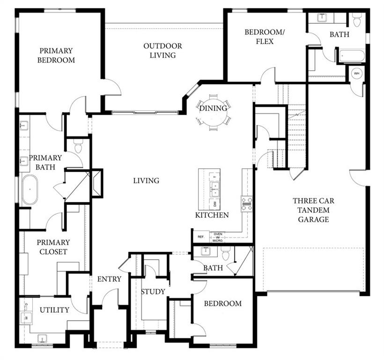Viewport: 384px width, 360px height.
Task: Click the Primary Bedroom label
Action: click(x=56, y=55)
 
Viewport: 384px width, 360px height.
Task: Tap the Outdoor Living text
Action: click(x=162, y=51)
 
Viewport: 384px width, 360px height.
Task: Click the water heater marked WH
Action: click(x=356, y=74)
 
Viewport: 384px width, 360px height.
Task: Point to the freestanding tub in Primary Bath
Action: click(x=30, y=189)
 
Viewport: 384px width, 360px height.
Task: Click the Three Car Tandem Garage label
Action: click(x=315, y=210)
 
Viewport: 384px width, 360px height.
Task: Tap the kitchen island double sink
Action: click(x=214, y=188)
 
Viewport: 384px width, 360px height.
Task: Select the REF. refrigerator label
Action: click(x=201, y=237)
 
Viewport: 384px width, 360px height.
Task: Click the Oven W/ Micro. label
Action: click(x=218, y=237)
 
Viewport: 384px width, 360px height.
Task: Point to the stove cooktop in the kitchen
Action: click(x=246, y=203)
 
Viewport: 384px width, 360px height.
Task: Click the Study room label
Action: click(x=153, y=292)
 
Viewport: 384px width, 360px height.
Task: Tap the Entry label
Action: click(x=109, y=279)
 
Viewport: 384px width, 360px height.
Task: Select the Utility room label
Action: click(x=54, y=310)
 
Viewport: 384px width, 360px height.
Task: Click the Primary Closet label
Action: click(x=53, y=247)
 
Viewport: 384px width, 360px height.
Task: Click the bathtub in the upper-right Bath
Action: click(x=352, y=56)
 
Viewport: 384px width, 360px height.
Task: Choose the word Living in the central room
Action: click(x=146, y=180)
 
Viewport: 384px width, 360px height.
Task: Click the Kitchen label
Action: click(x=212, y=215)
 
